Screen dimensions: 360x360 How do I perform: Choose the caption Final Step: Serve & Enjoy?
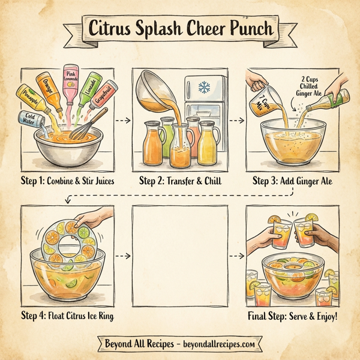(x=293, y=316)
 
